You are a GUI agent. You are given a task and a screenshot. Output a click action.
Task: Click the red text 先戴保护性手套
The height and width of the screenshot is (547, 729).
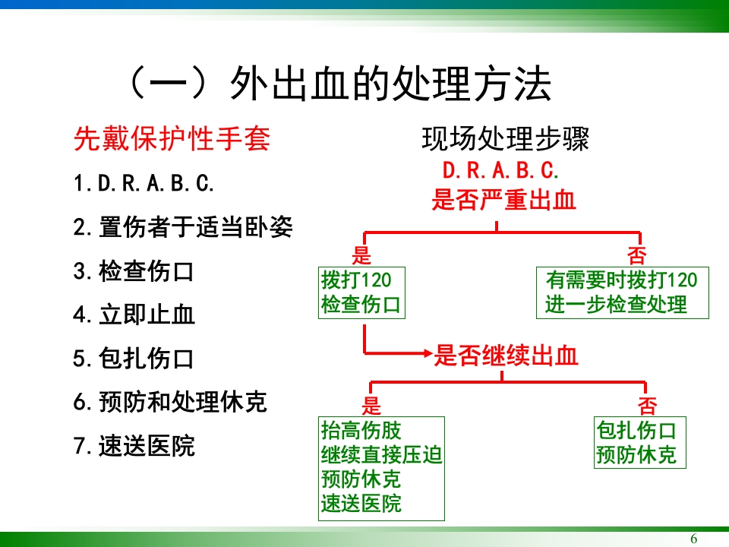172,139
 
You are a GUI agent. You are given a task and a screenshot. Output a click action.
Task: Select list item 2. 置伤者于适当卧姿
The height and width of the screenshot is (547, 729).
182,227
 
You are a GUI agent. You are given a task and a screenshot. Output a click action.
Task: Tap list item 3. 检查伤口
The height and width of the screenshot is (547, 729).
134,271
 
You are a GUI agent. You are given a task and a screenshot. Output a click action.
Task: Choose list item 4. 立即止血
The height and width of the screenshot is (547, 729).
134,315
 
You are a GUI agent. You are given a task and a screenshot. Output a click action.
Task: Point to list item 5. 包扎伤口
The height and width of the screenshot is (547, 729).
134,358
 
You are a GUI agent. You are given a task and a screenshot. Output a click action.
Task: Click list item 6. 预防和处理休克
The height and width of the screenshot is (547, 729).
170,402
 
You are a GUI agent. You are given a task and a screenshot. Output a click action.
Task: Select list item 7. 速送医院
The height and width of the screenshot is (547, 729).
134,446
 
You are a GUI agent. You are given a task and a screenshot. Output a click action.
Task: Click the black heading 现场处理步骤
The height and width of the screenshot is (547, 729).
506,139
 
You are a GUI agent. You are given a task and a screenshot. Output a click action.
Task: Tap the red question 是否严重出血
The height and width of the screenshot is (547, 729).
503,201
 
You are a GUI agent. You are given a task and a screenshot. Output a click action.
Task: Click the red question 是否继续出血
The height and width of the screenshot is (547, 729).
507,356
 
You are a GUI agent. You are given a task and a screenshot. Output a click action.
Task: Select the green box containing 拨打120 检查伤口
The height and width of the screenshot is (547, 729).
361,292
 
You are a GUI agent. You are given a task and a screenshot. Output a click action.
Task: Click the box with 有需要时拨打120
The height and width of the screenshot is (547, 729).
622,292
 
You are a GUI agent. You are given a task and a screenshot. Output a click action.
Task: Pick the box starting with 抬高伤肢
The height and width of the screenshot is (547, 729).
382,467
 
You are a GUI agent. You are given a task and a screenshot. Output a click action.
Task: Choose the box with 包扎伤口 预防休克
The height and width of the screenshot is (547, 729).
636,443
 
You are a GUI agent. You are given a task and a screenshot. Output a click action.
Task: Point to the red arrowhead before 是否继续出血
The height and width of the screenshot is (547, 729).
425,353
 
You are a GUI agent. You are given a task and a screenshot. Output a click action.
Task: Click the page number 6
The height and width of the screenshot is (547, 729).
693,539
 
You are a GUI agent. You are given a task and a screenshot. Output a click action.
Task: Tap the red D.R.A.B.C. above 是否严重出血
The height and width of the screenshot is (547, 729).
501,170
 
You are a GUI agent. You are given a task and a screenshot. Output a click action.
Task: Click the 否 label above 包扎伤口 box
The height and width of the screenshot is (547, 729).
647,404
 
